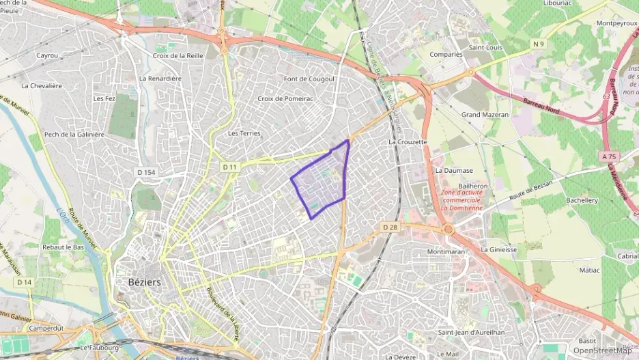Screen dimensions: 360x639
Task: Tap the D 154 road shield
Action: (x=146, y=172)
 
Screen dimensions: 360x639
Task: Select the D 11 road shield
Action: (x=229, y=167)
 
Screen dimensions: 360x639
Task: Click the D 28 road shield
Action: (x=389, y=227)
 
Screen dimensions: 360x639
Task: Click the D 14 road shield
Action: (x=25, y=281)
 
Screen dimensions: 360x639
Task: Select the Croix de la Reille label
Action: (x=177, y=55)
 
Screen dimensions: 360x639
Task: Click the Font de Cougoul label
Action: (x=309, y=79)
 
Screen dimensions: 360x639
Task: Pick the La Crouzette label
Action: (x=408, y=142)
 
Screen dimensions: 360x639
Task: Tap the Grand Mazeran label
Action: (x=485, y=115)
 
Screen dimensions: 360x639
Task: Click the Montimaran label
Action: (x=446, y=251)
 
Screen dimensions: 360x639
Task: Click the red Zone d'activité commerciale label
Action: (x=471, y=200)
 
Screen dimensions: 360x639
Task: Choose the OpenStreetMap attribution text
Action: (x=602, y=350)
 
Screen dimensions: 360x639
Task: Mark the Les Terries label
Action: (x=244, y=133)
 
